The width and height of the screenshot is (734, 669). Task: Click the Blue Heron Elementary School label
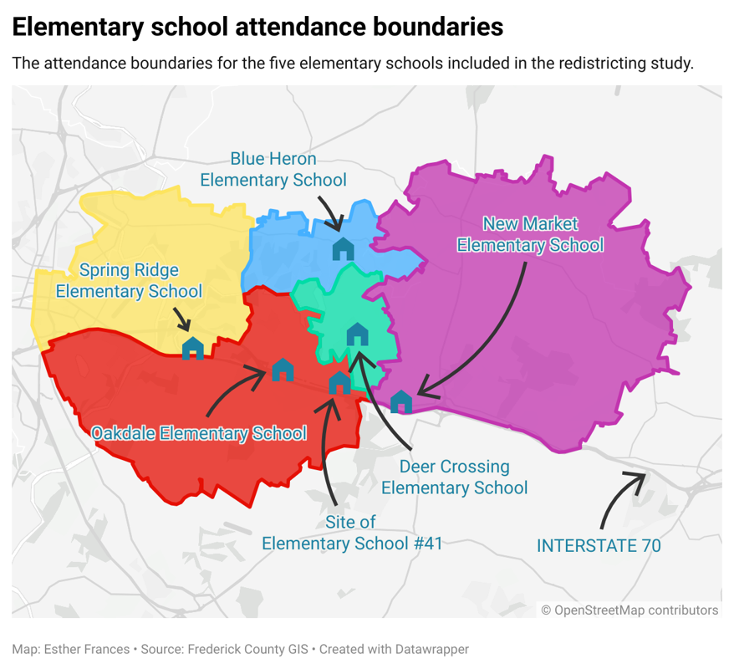273,169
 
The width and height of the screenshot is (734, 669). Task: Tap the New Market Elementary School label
530,235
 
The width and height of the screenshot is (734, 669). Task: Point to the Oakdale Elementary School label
199,433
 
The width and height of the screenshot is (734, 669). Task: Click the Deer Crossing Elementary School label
454,477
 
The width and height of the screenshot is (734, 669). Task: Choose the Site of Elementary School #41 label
351,533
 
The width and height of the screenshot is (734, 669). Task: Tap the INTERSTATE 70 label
599,545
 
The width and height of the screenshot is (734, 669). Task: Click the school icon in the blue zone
344,248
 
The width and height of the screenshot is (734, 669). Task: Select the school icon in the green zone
358,334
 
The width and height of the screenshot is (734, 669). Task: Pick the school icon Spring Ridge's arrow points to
193,348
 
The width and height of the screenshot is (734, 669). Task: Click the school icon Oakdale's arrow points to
283,370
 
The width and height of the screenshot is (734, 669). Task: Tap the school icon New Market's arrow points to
401,401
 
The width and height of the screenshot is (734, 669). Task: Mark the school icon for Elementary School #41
339,383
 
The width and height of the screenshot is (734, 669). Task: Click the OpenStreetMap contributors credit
630,610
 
